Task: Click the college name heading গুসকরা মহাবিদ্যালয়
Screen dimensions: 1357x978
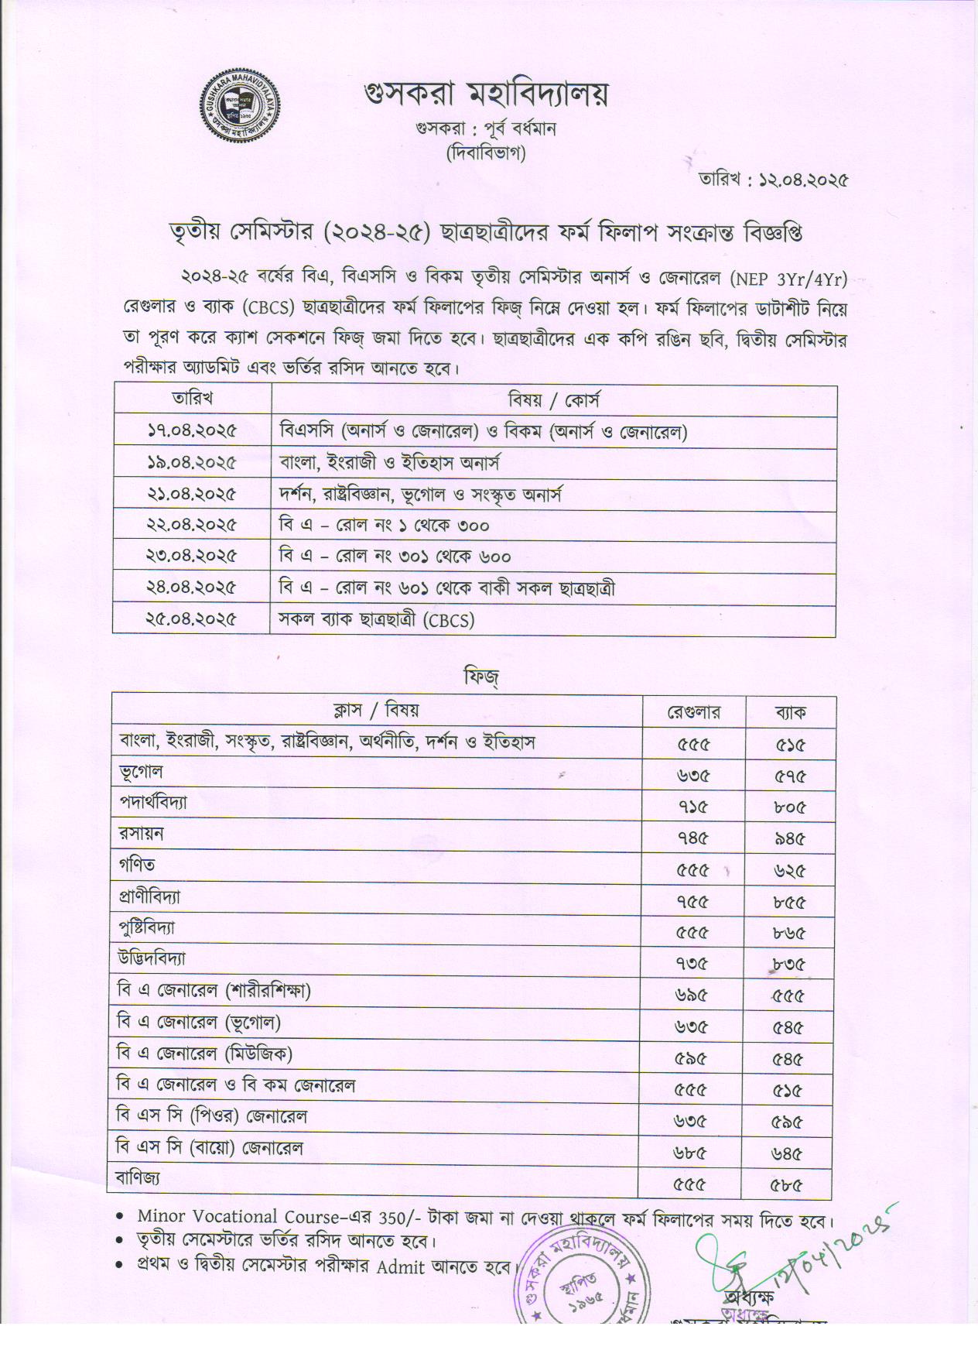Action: pos(486,94)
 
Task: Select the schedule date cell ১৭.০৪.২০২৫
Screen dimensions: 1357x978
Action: pos(191,431)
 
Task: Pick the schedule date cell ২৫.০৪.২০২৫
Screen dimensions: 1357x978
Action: pos(191,619)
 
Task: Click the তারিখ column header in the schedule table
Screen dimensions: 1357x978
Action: pos(192,399)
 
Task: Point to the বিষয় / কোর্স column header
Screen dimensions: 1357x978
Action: pos(553,400)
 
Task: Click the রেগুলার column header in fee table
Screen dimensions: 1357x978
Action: pos(693,712)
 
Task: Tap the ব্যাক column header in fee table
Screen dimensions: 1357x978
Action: pos(790,712)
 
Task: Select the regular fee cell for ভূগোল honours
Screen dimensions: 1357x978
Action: pos(692,776)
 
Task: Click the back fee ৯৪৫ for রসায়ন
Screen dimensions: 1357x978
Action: pos(789,838)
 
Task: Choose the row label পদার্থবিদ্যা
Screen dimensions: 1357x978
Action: pos(153,804)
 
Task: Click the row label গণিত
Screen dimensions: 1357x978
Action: pos(137,865)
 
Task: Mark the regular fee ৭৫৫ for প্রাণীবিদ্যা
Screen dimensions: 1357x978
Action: pos(692,902)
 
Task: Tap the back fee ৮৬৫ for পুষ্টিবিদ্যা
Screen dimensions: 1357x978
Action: pos(789,933)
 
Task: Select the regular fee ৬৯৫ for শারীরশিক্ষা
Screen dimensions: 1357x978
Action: pos(692,996)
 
